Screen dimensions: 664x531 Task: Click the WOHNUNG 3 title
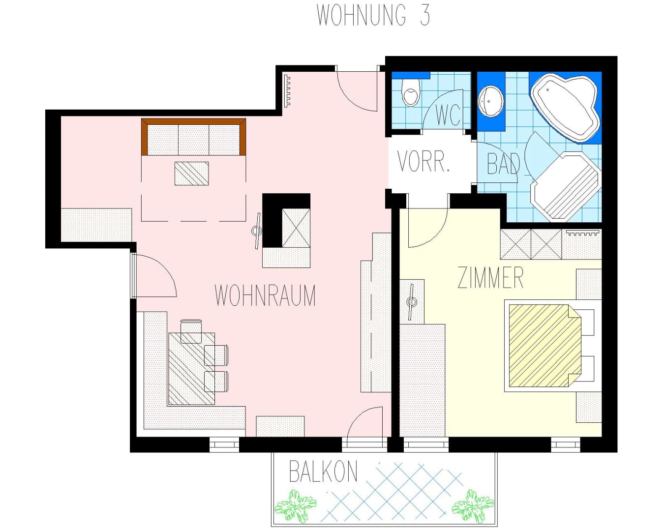[x=373, y=15]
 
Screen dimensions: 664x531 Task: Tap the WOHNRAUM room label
[x=265, y=295]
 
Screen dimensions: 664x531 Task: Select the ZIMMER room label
[x=490, y=277]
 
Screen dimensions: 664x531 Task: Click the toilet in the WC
[x=411, y=92]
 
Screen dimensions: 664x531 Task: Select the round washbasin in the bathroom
[x=490, y=101]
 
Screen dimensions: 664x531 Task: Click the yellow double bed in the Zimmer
[x=545, y=346]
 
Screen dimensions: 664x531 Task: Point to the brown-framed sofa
[x=193, y=137]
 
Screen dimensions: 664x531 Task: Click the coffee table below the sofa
[x=192, y=174]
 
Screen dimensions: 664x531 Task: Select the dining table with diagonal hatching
[x=191, y=369]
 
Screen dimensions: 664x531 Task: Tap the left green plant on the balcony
[x=296, y=506]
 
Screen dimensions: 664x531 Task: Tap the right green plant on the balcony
[x=472, y=506]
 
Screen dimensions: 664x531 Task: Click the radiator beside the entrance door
[x=288, y=91]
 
